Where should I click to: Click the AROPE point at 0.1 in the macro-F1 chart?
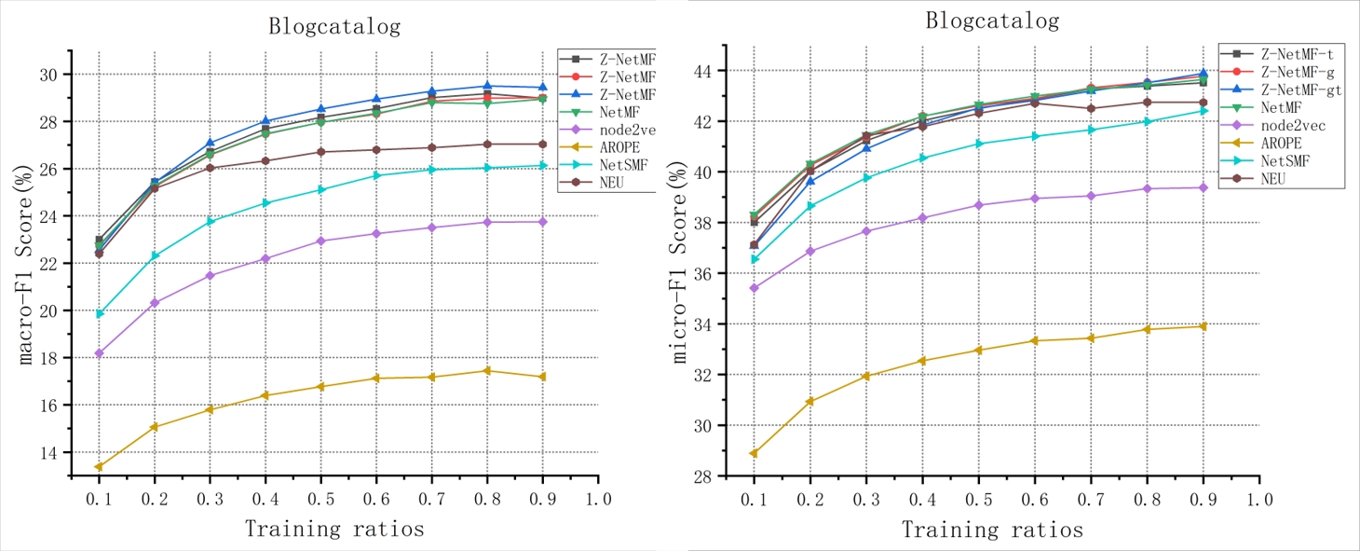point(99,466)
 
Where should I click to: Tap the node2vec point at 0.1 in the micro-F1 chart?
point(755,288)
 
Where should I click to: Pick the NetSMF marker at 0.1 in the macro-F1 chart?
point(99,313)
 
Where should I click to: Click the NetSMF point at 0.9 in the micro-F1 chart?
point(1203,111)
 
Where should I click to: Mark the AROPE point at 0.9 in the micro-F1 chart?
point(1203,326)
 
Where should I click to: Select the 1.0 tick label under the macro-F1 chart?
point(598,499)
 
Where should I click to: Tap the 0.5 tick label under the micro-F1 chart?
point(978,499)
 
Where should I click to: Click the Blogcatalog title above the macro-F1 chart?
point(334,26)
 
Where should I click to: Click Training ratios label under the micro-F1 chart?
point(992,530)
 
